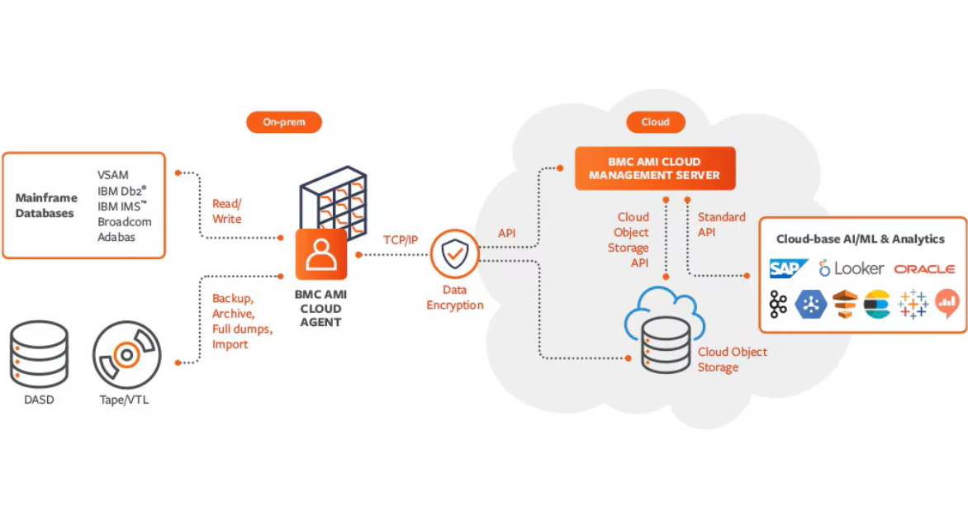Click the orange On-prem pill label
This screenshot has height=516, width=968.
pyautogui.click(x=283, y=122)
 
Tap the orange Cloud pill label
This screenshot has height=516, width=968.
pyautogui.click(x=655, y=122)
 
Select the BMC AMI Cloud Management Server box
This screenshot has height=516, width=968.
pyautogui.click(x=655, y=168)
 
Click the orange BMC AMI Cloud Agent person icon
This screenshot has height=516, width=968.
pyautogui.click(x=321, y=255)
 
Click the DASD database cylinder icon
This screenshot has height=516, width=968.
pyautogui.click(x=39, y=355)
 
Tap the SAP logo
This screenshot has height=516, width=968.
pyautogui.click(x=788, y=268)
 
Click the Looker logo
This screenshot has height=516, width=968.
pyautogui.click(x=852, y=268)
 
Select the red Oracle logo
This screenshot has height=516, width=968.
pyautogui.click(x=924, y=269)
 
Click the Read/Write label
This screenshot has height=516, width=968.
pyautogui.click(x=227, y=211)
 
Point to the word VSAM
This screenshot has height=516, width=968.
pyautogui.click(x=113, y=175)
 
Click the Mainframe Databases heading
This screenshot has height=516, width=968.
pyautogui.click(x=46, y=206)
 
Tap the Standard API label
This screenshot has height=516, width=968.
pyautogui.click(x=721, y=225)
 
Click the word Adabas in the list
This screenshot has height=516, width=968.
pyautogui.click(x=116, y=237)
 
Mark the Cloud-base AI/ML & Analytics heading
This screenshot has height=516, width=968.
pyautogui.click(x=860, y=239)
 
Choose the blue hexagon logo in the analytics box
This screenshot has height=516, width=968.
pyautogui.click(x=810, y=305)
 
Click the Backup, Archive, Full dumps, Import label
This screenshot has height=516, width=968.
pyautogui.click(x=242, y=321)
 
